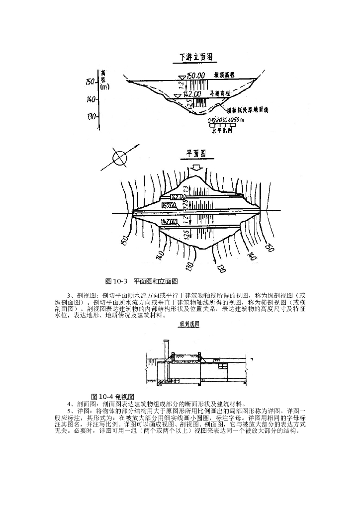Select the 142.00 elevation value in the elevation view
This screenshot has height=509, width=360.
coord(192,93)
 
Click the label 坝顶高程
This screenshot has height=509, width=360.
coord(225,75)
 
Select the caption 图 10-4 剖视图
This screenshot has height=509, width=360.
coord(113,396)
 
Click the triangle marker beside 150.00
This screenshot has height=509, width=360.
coord(182,77)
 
